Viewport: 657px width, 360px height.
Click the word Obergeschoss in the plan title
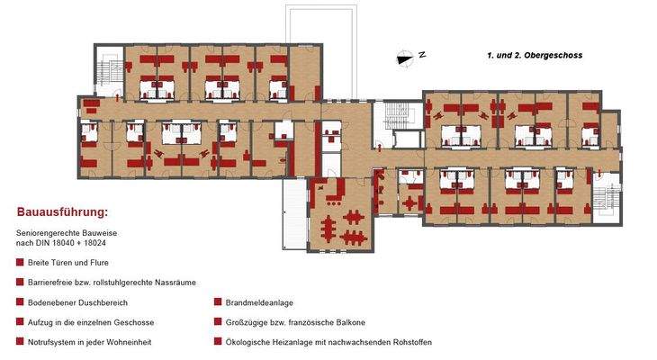coord(550,56)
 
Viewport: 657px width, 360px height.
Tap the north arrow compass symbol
coord(405,57)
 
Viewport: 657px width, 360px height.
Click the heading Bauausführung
coord(62,213)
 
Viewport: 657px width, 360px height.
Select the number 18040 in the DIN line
coord(76,244)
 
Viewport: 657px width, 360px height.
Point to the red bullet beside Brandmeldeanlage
coord(218,301)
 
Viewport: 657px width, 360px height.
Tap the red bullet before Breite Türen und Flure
coord(20,263)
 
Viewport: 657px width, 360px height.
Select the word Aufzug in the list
coord(41,321)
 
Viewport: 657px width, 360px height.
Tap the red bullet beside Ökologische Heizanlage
coord(218,342)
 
